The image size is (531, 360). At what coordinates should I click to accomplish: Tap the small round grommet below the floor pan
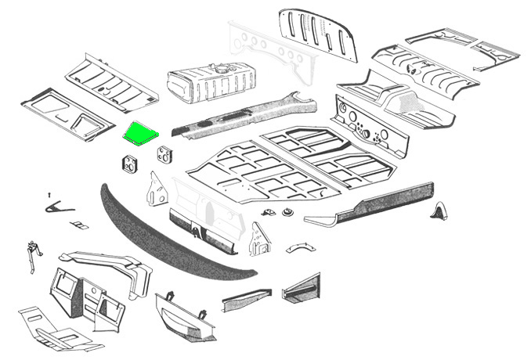coord(287,212)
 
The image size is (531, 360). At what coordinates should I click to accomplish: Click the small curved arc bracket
coord(298,247)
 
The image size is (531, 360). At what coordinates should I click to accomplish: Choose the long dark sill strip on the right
coord(368,206)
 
